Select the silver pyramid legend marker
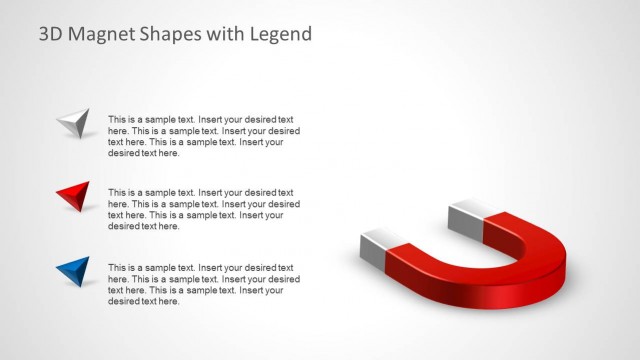(74, 123)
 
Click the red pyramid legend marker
(74, 196)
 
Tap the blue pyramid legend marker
(74, 270)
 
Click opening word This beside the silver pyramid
(118, 118)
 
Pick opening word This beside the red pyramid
(118, 192)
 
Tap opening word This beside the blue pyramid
(118, 267)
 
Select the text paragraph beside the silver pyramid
(203, 136)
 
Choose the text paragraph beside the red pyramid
(203, 209)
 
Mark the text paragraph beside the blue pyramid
(203, 284)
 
